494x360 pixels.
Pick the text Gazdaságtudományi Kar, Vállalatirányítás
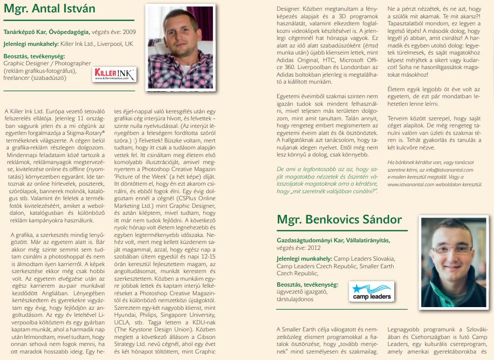coord(333,239)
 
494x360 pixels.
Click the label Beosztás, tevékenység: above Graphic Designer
coord(34,56)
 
